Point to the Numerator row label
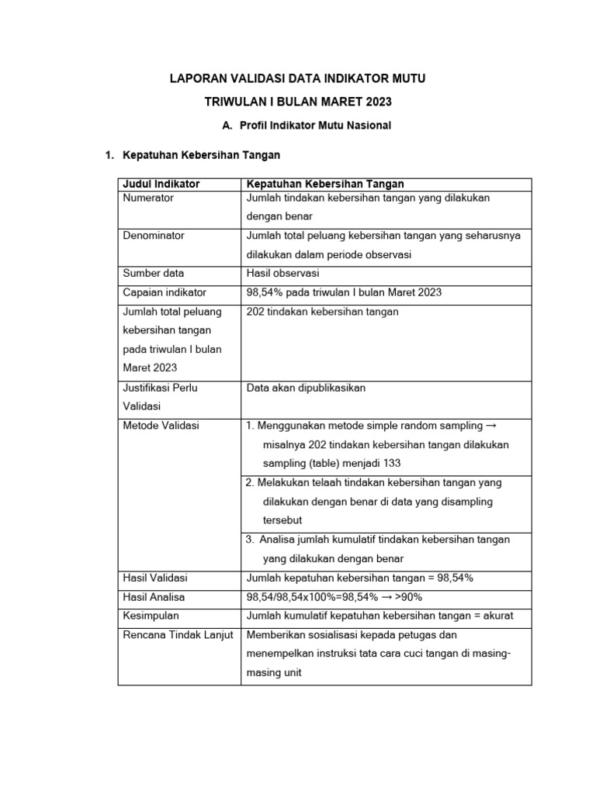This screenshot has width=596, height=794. [148, 198]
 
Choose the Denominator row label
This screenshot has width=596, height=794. [154, 236]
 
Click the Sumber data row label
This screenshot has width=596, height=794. [154, 274]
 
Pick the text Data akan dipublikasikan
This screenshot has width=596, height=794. [306, 388]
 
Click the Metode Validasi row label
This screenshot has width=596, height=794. [161, 426]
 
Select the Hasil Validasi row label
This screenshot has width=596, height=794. [155, 578]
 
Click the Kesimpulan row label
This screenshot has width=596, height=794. [151, 616]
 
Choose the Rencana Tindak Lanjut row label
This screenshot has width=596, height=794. [178, 635]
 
